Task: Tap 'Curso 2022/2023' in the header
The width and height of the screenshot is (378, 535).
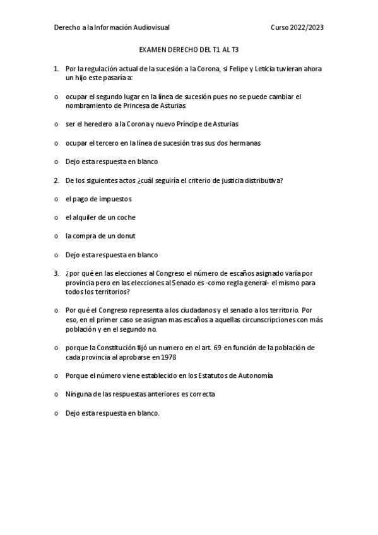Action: [x=297, y=28]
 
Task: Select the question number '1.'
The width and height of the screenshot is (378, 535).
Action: [x=57, y=68]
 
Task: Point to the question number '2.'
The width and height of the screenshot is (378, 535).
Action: [x=57, y=180]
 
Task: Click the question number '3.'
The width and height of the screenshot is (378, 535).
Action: [x=57, y=274]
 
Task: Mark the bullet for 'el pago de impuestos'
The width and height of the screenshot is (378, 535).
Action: [x=56, y=199]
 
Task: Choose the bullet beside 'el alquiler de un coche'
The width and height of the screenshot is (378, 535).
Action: [x=56, y=218]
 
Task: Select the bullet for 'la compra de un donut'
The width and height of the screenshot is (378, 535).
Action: [x=56, y=237]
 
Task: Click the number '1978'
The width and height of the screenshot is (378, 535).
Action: [x=168, y=357]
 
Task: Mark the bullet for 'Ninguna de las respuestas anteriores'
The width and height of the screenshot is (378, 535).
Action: [x=56, y=394]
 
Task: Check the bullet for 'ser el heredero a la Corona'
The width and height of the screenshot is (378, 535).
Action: [x=56, y=124]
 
